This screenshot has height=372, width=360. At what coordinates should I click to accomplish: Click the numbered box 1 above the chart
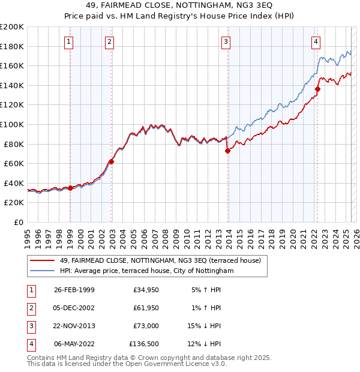pyautogui.click(x=70, y=41)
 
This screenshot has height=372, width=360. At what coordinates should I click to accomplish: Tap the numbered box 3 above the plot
pyautogui.click(x=226, y=41)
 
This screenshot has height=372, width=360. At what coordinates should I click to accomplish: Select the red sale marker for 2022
pyautogui.click(x=317, y=89)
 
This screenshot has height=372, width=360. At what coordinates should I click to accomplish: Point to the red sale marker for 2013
pyautogui.click(x=227, y=151)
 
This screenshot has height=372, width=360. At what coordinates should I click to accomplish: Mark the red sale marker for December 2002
pyautogui.click(x=111, y=161)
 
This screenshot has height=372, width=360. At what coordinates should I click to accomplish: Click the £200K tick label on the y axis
pyautogui.click(x=12, y=27)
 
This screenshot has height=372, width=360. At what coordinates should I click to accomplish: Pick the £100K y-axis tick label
pyautogui.click(x=12, y=124)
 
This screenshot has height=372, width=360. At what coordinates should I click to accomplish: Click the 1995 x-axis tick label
pyautogui.click(x=28, y=237)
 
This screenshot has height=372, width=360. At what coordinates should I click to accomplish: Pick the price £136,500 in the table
pyautogui.click(x=144, y=344)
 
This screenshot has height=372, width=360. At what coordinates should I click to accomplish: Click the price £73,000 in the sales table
pyautogui.click(x=145, y=326)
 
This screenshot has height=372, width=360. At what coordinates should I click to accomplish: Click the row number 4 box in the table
pyautogui.click(x=31, y=344)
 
